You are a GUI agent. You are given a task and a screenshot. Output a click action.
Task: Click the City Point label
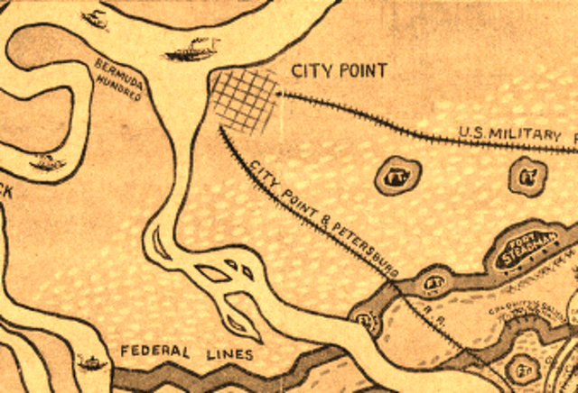(x=339, y=70)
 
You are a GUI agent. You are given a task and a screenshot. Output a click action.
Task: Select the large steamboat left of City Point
(x=193, y=50)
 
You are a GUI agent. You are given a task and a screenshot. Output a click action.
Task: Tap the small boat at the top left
(x=94, y=16)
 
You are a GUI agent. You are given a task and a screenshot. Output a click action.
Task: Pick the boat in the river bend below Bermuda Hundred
(x=45, y=163)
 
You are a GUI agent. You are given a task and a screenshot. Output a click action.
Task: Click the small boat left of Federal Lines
(x=91, y=362)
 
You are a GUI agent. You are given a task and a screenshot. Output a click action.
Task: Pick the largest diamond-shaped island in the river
(x=213, y=272)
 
